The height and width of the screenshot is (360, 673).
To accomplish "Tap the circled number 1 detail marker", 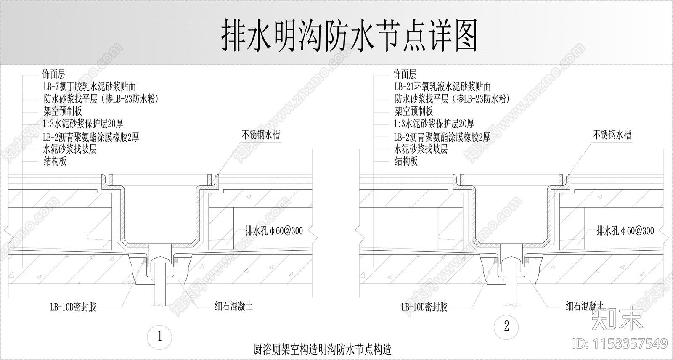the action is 159,336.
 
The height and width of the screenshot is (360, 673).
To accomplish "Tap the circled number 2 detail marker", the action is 506,327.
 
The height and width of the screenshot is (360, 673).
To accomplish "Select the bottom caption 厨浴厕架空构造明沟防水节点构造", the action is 322,349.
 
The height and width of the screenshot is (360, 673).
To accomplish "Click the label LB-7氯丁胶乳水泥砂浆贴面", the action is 90,87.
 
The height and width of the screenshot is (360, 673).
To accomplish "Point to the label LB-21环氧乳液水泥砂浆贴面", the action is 442,87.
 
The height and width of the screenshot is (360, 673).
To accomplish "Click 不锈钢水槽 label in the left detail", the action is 261,135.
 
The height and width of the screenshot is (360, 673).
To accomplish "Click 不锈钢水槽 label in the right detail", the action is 612,135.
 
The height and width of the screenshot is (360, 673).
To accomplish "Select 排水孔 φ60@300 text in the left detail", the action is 274,231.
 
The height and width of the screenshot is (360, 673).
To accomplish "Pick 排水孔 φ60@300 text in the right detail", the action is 625,231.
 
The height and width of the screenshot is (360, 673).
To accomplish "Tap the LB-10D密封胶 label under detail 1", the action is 73,307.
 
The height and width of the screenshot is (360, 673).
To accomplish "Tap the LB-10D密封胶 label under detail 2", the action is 424,307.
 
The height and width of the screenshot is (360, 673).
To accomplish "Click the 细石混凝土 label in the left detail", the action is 234,306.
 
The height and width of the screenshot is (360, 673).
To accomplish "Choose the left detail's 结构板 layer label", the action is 55,161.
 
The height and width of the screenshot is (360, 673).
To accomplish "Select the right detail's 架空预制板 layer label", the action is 414,111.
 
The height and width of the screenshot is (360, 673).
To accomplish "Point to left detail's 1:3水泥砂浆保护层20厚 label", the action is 83,123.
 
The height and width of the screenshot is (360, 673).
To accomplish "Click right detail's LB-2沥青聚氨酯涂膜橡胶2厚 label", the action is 442,138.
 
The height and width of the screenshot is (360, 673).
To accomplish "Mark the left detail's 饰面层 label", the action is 53,74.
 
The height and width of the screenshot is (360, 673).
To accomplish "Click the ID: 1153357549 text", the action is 620,344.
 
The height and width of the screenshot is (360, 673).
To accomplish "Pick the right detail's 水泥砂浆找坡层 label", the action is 421,149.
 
